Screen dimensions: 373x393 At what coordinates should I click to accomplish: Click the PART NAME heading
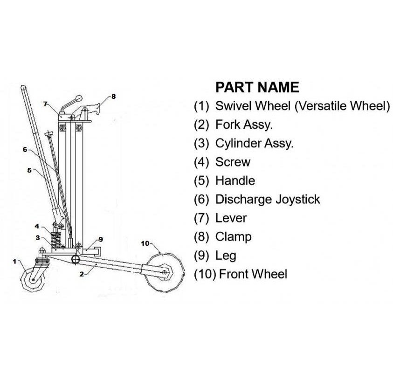click(x=256, y=87)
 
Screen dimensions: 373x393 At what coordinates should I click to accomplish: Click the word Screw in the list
click(x=233, y=162)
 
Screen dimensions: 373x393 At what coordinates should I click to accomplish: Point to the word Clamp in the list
click(x=233, y=236)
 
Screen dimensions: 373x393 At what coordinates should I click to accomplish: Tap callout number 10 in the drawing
click(x=145, y=243)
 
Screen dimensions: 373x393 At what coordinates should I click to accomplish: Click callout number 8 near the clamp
click(x=113, y=97)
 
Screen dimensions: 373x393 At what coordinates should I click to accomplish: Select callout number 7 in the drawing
click(x=45, y=104)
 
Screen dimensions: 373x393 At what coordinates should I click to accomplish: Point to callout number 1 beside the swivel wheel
click(x=14, y=261)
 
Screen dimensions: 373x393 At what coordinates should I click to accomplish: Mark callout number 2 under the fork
click(x=81, y=274)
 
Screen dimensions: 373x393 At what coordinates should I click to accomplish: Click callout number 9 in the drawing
click(x=100, y=239)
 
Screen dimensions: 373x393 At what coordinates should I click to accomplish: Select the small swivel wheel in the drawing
click(x=33, y=279)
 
